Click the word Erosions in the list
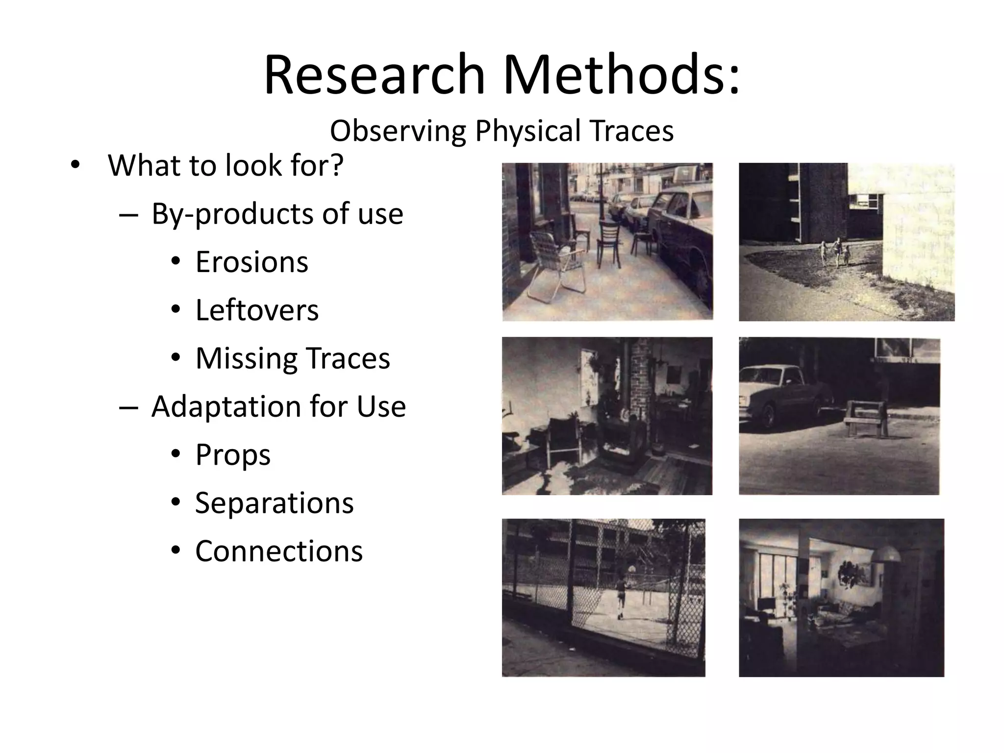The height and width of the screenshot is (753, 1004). [251, 262]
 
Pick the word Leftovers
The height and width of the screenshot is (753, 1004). [257, 310]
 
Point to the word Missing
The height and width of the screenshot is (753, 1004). [246, 358]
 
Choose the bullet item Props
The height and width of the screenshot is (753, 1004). [233, 455]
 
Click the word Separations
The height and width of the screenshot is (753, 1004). [274, 503]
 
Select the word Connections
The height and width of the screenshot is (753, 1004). [279, 551]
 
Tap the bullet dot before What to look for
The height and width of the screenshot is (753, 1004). [75, 165]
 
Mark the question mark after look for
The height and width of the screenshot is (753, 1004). [335, 165]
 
